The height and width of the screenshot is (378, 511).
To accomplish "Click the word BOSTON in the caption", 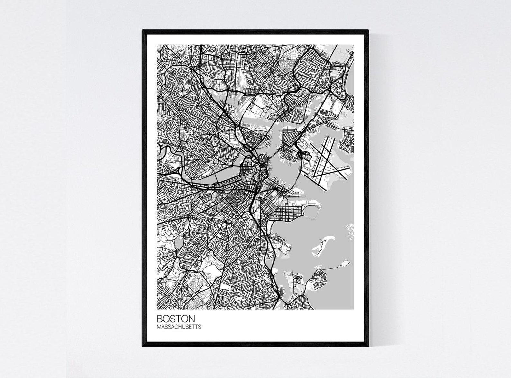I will click(176, 319).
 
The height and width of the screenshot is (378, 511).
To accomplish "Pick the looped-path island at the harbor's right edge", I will click(350, 230).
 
